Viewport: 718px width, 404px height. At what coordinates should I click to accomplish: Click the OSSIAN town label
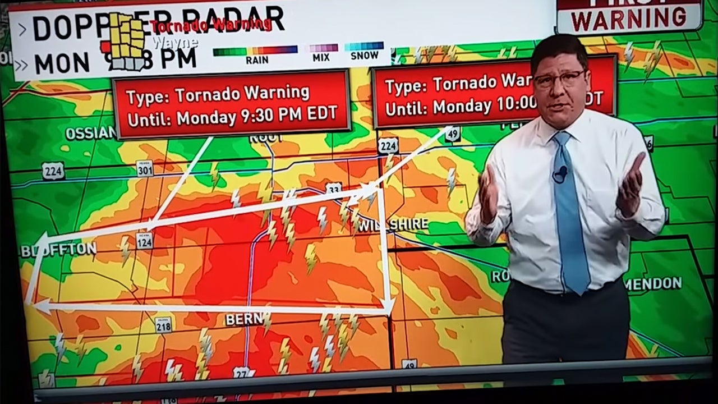point(90,134)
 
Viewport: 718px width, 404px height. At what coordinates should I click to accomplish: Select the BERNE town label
point(244,319)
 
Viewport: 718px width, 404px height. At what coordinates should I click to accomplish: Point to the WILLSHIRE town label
point(393,224)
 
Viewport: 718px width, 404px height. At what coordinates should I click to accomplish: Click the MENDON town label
point(653,283)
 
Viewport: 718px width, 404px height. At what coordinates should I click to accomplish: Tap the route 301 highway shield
point(144,168)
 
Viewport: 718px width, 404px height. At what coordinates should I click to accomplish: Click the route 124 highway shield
point(144,240)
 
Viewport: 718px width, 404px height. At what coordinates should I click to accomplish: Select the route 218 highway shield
point(163,324)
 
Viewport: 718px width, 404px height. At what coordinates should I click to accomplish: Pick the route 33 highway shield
point(334,190)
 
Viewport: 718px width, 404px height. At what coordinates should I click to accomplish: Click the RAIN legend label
point(257,60)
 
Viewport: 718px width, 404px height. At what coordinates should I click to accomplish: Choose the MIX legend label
point(321,57)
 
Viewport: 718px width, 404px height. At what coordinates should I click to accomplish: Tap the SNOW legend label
point(364,56)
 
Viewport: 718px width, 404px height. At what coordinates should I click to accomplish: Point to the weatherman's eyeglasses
point(559,79)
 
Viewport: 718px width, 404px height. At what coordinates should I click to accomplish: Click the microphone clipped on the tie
point(560,173)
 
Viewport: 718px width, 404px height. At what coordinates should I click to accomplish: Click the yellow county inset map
point(127,42)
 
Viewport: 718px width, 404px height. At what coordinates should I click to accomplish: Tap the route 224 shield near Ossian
point(53,171)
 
